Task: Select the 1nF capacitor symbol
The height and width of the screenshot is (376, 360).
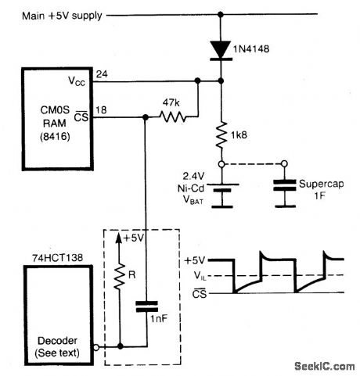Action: point(146,307)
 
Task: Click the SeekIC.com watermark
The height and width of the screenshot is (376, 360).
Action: point(323,364)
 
